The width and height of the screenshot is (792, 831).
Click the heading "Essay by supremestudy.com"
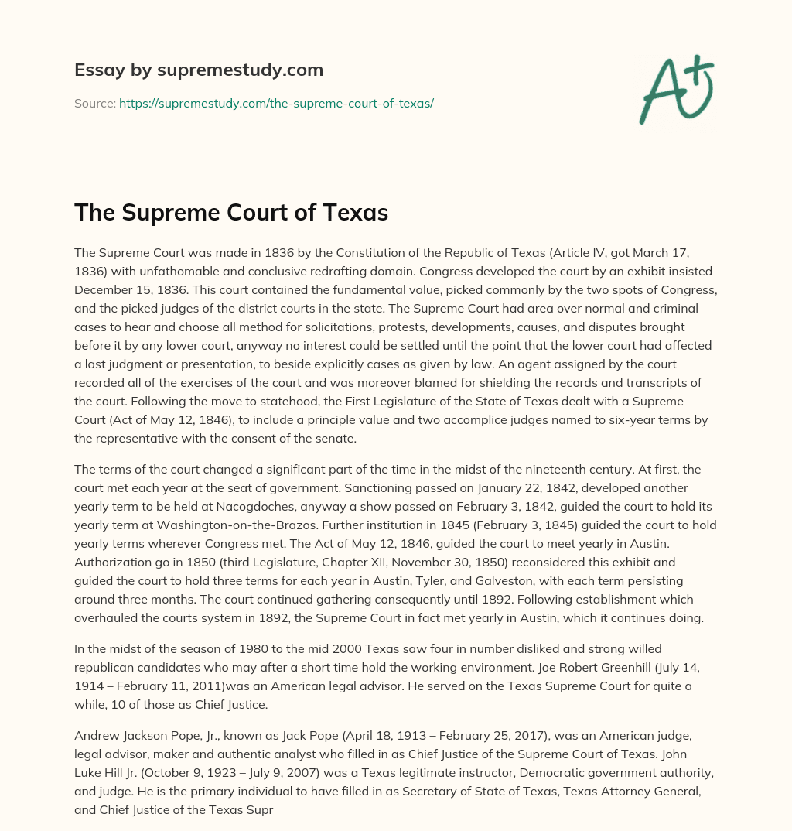pyautogui.click(x=199, y=70)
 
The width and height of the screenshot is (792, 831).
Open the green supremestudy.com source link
pyautogui.click(x=276, y=103)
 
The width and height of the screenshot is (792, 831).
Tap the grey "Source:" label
pyautogui.click(x=95, y=103)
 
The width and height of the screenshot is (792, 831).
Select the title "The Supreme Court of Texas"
pyautogui.click(x=231, y=213)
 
